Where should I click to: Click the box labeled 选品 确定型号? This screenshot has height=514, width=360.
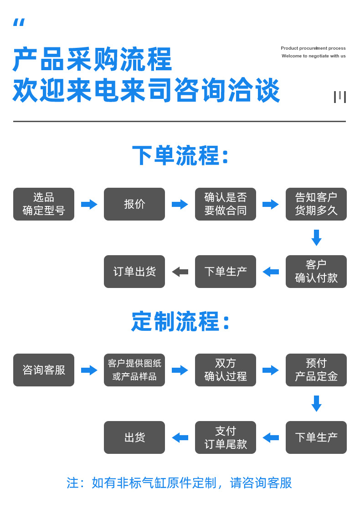pos(44,204)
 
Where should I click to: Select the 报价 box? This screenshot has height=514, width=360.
pos(134,204)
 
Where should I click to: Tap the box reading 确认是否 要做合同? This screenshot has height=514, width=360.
pos(226,204)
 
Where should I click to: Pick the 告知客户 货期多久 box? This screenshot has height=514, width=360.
pos(316,204)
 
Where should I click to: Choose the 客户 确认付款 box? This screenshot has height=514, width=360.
pos(316,272)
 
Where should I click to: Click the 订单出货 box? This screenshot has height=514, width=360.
pos(134,272)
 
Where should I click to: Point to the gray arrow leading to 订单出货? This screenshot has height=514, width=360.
pos(180,272)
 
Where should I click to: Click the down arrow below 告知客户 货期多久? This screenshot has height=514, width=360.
pos(316,238)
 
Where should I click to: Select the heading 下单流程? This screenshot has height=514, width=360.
pos(180,156)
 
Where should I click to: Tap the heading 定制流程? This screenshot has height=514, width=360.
pos(180,322)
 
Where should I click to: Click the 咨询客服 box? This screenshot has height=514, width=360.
pos(44,370)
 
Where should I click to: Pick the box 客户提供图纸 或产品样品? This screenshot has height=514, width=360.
pos(134,370)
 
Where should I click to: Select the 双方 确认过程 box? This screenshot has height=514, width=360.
pos(226,370)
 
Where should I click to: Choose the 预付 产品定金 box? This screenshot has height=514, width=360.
pos(316,370)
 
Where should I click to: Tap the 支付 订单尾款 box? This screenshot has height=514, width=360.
pos(226,437)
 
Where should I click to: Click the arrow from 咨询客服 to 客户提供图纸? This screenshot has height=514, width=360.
pos(89,370)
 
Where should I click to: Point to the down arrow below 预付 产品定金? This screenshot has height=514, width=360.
pos(316,404)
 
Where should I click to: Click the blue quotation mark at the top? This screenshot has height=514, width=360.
pos(19,23)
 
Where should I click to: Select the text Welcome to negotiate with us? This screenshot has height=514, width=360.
pos(314,56)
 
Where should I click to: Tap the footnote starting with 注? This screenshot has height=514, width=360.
pos(179,483)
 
